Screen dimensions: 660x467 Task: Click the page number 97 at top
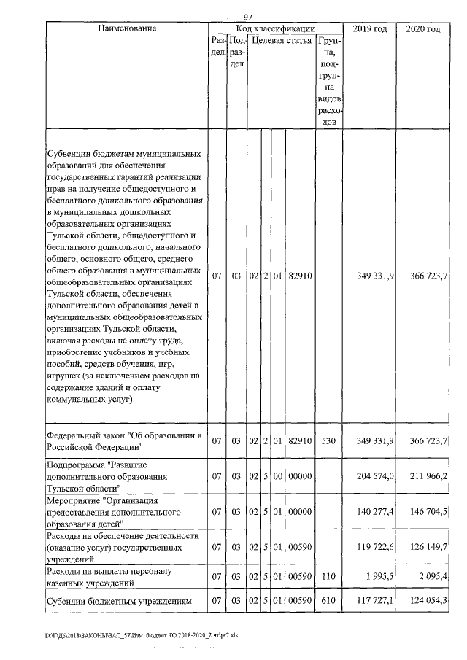pyautogui.click(x=247, y=18)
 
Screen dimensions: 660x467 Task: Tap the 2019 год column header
pyautogui.click(x=369, y=28)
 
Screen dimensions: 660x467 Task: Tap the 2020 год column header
pyautogui.click(x=422, y=28)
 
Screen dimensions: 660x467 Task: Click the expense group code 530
pyautogui.click(x=328, y=441)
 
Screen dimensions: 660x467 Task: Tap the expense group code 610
pyautogui.click(x=328, y=602)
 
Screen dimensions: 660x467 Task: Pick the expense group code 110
pyautogui.click(x=328, y=578)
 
